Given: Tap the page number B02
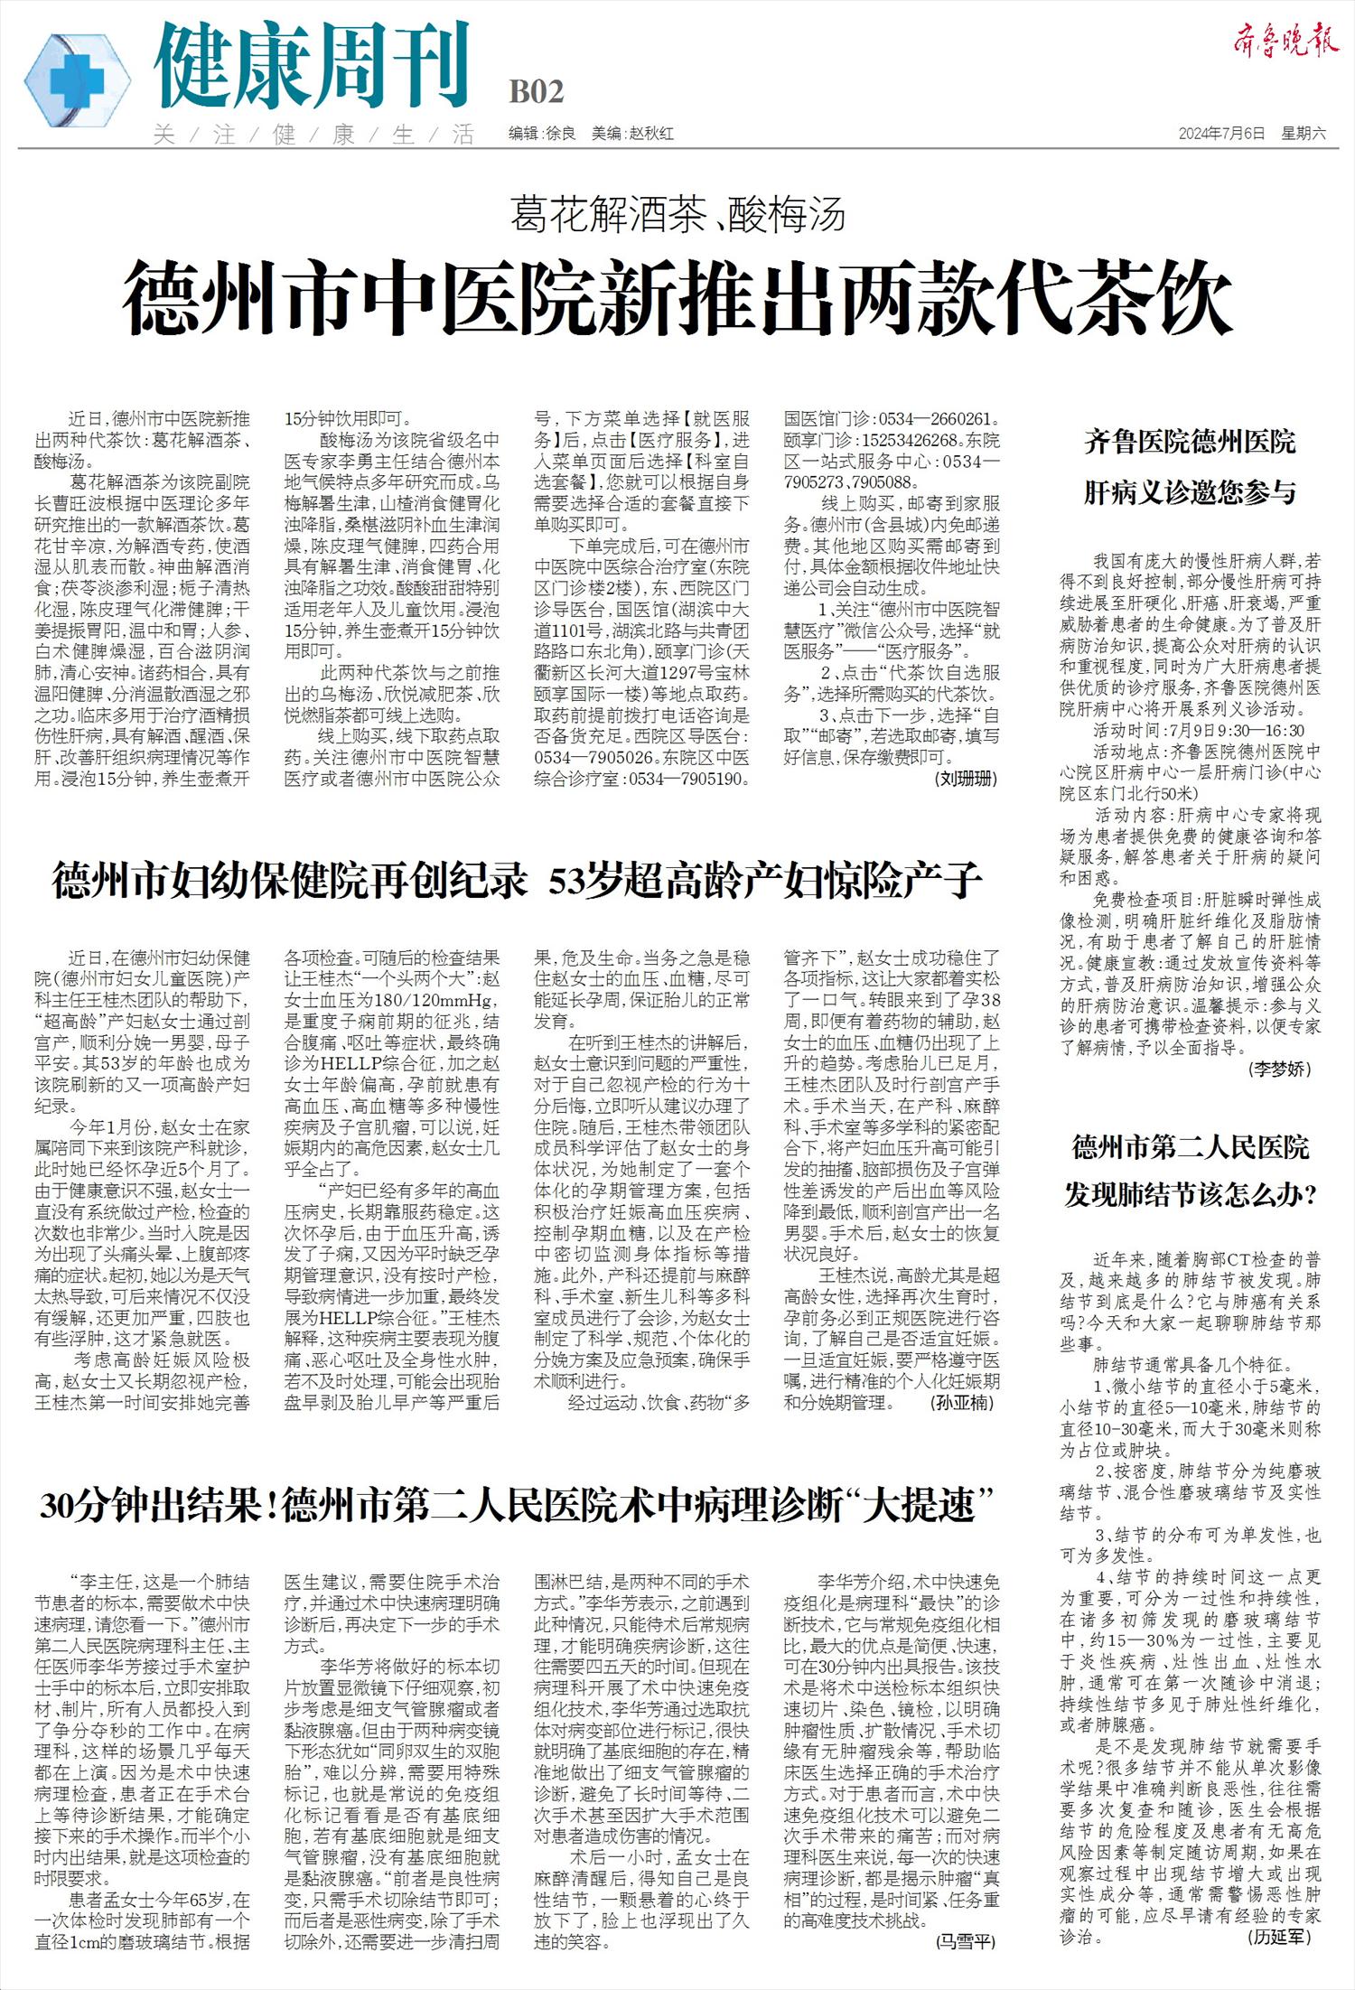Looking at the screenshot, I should click(537, 92).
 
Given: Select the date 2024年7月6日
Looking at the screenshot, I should click(1221, 134).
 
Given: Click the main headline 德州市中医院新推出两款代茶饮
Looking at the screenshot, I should click(677, 297).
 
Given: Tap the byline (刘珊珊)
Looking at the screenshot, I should click(966, 779).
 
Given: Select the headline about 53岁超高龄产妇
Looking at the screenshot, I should click(517, 881).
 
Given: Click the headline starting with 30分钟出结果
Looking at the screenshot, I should click(517, 1506).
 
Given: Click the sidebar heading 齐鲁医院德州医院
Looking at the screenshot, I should click(1190, 443).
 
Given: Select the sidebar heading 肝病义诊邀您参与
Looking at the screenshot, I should click(1190, 493).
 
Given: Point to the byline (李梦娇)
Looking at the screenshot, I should click(1279, 1069).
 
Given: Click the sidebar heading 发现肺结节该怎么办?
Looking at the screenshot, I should click(1190, 1196).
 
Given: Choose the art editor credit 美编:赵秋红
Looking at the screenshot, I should click(632, 134).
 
